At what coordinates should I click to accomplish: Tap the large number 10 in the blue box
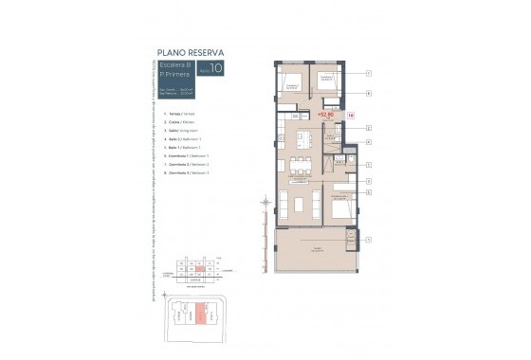click(216, 67)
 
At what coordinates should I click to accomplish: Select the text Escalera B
click(176, 63)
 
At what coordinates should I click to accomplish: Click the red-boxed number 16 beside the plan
click(352, 115)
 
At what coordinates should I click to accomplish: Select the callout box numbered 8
click(368, 94)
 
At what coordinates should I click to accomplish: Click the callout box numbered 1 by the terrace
click(368, 241)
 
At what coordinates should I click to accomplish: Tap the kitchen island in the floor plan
click(305, 142)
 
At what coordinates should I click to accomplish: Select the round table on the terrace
click(337, 248)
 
